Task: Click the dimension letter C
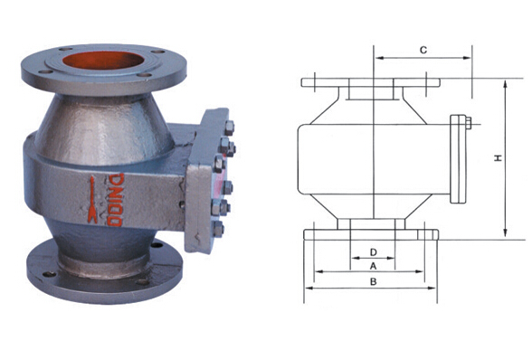[423, 50]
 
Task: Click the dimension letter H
[498, 157]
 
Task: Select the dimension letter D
[373, 252]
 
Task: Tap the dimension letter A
[373, 266]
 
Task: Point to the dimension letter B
[373, 281]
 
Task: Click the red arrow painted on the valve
[92, 200]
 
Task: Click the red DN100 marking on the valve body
[115, 200]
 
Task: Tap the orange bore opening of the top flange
[103, 61]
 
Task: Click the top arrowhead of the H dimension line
[505, 84]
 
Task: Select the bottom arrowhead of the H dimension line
[505, 232]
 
